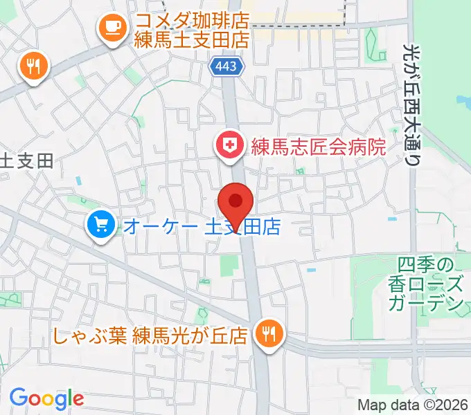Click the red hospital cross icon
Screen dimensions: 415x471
pyautogui.click(x=226, y=146)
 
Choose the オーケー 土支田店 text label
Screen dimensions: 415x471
pyautogui.click(x=202, y=226)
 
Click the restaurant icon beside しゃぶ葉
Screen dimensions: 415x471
pyautogui.click(x=267, y=334)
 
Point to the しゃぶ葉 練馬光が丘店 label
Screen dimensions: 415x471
pyautogui.click(x=150, y=336)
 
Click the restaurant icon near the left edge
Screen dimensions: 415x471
pyautogui.click(x=32, y=66)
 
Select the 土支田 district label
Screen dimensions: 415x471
pyautogui.click(x=26, y=161)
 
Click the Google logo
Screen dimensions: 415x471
pyautogui.click(x=46, y=398)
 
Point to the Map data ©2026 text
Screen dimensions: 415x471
pyautogui.click(x=413, y=406)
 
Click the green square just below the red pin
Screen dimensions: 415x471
pyautogui.click(x=228, y=265)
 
